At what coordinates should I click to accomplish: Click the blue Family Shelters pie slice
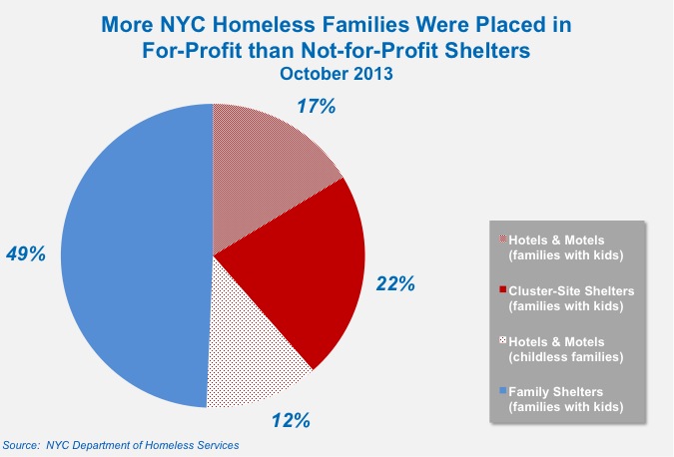tap(130, 254)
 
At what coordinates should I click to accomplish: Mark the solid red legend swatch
tap(501, 289)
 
